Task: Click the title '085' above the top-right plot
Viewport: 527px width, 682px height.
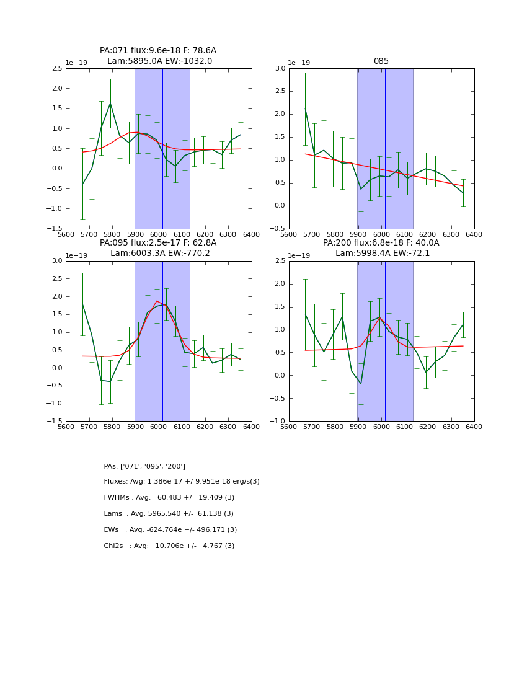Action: pos(381,61)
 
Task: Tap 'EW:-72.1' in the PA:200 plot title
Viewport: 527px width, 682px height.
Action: pos(407,254)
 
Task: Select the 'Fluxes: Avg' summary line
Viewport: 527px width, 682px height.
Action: pos(182,482)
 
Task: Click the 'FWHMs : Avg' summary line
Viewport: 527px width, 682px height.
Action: pos(169,498)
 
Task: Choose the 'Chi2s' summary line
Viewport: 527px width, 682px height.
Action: pos(169,546)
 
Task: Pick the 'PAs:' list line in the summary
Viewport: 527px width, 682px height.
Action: pos(144,466)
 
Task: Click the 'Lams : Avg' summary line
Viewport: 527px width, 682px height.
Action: pos(169,514)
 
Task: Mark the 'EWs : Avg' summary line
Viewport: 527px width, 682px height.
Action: pos(170,530)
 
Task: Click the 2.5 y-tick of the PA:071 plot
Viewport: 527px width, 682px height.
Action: pos(56,69)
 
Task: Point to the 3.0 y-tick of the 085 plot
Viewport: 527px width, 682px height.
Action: pos(279,69)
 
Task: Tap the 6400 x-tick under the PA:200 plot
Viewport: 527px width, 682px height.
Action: pos(474,427)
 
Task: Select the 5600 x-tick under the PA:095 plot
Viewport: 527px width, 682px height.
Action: pos(66,427)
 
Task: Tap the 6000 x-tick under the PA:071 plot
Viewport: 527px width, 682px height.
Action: pos(159,234)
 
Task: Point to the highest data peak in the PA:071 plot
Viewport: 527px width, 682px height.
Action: pos(110,103)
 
